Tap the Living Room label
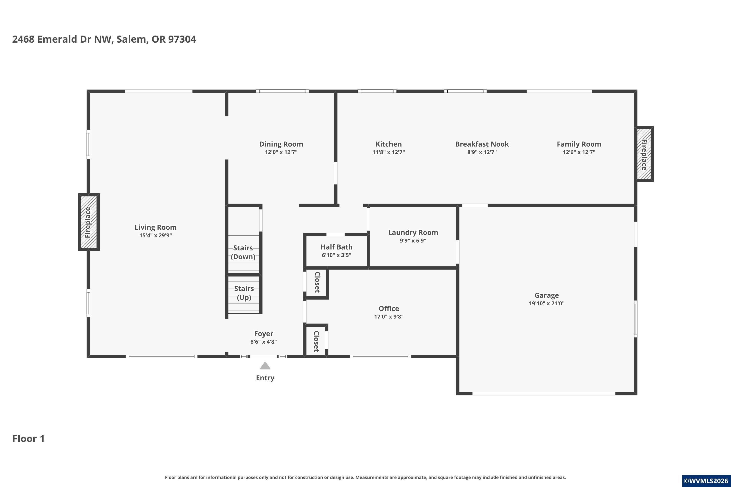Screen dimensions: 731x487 [155, 227]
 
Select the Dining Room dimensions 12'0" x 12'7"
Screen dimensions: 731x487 [281, 152]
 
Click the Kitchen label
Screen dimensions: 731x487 [388, 144]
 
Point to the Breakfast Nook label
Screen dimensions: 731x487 [482, 144]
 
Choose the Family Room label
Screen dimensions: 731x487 [579, 144]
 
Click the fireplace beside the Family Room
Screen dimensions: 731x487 [644, 154]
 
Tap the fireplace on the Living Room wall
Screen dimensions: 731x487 [89, 222]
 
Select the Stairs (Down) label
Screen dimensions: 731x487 [243, 252]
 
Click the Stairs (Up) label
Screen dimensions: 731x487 [244, 293]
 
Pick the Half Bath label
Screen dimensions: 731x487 [337, 247]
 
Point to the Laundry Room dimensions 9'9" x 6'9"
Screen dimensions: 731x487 [413, 240]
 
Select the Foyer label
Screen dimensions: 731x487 [264, 334]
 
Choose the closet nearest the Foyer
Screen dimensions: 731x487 [316, 341]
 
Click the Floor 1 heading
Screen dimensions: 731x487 [29, 439]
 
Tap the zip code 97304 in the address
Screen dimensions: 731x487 [182, 39]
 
